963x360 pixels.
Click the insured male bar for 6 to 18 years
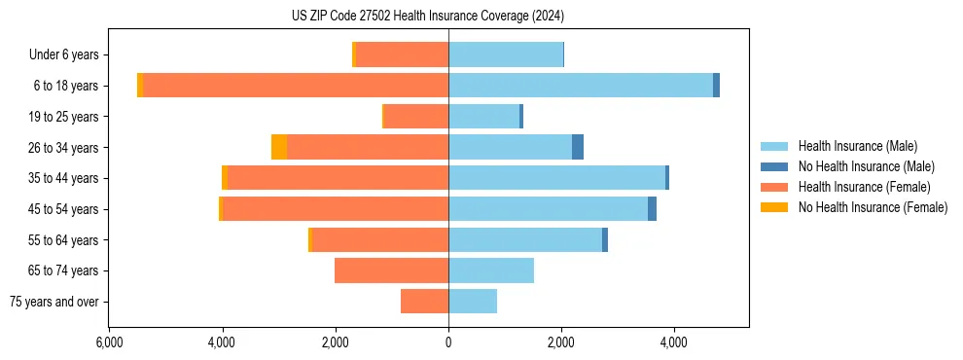pos(581,86)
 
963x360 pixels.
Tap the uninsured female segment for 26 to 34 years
pos(279,147)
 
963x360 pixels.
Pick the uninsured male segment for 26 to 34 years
pos(578,147)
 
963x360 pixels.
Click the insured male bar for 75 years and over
pos(473,302)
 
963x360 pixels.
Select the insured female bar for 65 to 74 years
pos(391,270)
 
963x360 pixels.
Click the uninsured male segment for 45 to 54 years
pos(652,209)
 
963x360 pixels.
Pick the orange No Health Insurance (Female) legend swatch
pos(775,207)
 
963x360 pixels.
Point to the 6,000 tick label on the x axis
pos(109,342)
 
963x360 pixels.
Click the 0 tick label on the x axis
pos(448,342)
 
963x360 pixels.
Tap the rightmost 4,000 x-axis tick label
pos(674,342)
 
